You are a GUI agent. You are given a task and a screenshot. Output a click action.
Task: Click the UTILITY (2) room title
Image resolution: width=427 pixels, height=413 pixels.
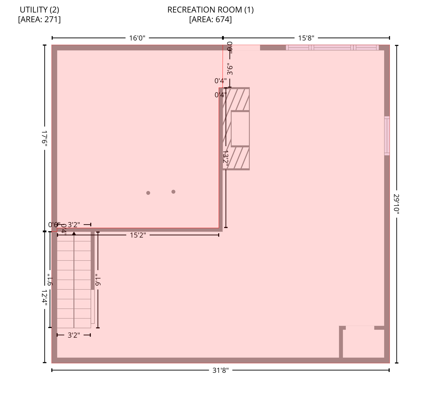coord(39,10)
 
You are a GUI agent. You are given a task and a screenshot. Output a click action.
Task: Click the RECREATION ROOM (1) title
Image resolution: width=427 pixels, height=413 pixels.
coord(210,10)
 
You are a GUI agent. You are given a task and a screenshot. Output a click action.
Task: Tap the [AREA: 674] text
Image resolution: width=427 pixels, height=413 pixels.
coord(210,20)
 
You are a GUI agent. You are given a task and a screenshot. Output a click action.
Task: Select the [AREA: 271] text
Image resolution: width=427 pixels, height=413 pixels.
coord(39,20)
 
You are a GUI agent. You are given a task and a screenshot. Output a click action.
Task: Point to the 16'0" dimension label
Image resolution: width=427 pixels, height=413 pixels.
coord(137,38)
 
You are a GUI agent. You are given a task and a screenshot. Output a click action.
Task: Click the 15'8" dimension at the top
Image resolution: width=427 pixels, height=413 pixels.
coord(306,38)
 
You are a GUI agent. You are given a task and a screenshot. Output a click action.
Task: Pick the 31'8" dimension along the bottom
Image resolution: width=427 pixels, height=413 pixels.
coord(220,371)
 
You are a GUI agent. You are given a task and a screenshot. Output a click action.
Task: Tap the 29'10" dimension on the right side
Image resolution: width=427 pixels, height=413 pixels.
coord(396,204)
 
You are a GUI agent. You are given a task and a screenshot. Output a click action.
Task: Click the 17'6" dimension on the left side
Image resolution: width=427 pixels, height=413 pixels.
coord(44,138)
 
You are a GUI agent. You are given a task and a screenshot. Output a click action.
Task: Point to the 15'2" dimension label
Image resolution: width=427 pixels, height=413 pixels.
coord(138,235)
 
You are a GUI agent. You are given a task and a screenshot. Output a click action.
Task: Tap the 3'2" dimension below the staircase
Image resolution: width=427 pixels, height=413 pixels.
coord(74,335)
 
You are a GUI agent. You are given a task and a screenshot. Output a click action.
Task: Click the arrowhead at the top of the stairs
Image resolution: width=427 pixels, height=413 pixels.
coord(74,233)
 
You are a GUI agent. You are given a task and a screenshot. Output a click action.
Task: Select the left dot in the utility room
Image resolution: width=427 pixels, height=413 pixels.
coord(148,193)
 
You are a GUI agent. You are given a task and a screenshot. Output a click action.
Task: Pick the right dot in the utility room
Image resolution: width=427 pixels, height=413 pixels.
coord(173,192)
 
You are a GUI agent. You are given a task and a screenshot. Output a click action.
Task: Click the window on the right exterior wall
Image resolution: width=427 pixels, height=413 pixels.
coord(387,136)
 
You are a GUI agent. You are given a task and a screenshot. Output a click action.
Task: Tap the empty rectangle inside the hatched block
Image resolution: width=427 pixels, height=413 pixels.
coord(240,129)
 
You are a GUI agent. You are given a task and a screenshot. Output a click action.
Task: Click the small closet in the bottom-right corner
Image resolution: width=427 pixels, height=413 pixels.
coord(363,344)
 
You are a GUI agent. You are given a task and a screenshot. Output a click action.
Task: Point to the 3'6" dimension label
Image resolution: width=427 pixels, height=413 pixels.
coord(230,69)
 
